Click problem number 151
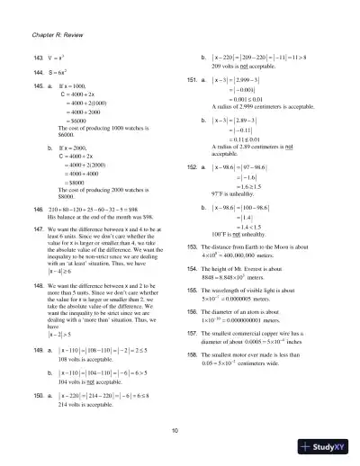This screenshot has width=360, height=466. (x=191, y=81)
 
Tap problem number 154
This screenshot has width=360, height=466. (x=191, y=270)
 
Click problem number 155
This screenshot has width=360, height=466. (x=191, y=294)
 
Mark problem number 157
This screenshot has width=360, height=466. (x=191, y=332)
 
